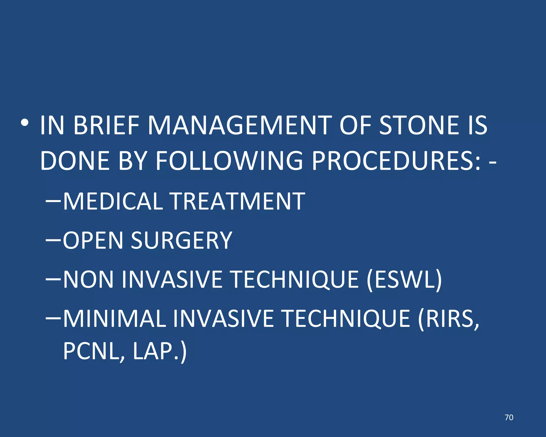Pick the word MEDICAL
point(113,201)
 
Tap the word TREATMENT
point(238,201)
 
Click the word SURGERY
point(182,240)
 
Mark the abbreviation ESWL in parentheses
point(404,279)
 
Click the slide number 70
point(509,417)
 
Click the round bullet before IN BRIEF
point(25,123)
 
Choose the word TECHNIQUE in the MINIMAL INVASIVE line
point(346,319)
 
